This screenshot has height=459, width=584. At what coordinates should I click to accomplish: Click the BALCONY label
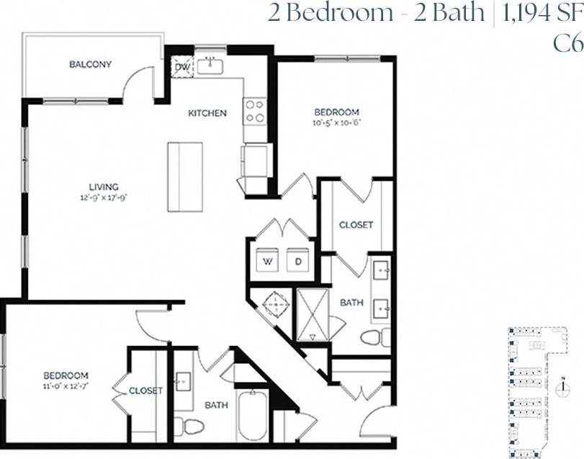tap(90, 65)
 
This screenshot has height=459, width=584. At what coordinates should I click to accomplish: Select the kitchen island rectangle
tap(185, 177)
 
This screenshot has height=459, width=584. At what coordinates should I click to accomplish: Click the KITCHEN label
tap(207, 113)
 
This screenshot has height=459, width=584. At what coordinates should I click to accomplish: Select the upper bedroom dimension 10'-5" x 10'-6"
tap(336, 122)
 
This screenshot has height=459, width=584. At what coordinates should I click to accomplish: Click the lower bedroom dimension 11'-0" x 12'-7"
tap(66, 386)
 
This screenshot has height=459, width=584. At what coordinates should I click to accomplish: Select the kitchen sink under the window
tap(211, 66)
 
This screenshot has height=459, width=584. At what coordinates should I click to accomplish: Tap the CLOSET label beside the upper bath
tap(356, 224)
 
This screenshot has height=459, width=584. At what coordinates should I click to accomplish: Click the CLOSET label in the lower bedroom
tap(145, 391)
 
